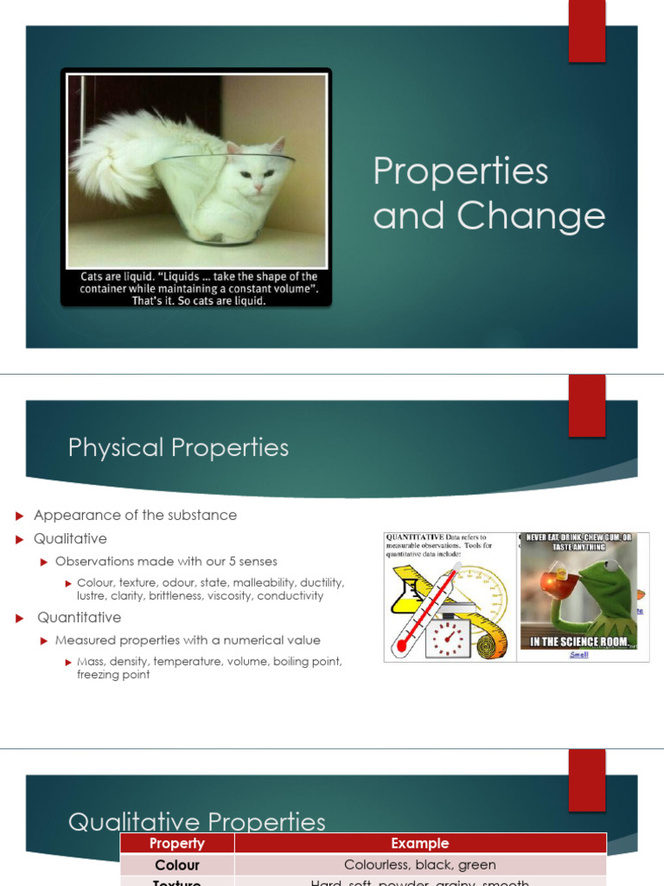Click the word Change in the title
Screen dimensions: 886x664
531,216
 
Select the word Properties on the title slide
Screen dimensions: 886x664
460,171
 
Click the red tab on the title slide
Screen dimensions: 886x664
586,31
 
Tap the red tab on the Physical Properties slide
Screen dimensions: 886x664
586,405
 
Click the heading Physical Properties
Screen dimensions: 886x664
178,447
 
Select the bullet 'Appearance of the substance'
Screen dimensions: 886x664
135,515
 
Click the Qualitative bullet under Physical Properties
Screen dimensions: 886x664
70,538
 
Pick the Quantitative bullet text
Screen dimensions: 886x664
79,617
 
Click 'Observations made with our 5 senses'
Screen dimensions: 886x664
166,562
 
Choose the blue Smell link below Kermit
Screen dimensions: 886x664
578,655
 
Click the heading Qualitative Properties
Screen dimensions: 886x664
196,821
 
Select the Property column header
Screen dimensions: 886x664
177,844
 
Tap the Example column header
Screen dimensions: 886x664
420,844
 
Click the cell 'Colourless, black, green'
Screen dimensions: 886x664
420,864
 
